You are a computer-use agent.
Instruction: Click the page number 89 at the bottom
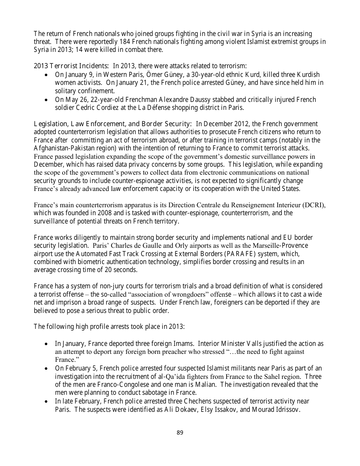(180, 432)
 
